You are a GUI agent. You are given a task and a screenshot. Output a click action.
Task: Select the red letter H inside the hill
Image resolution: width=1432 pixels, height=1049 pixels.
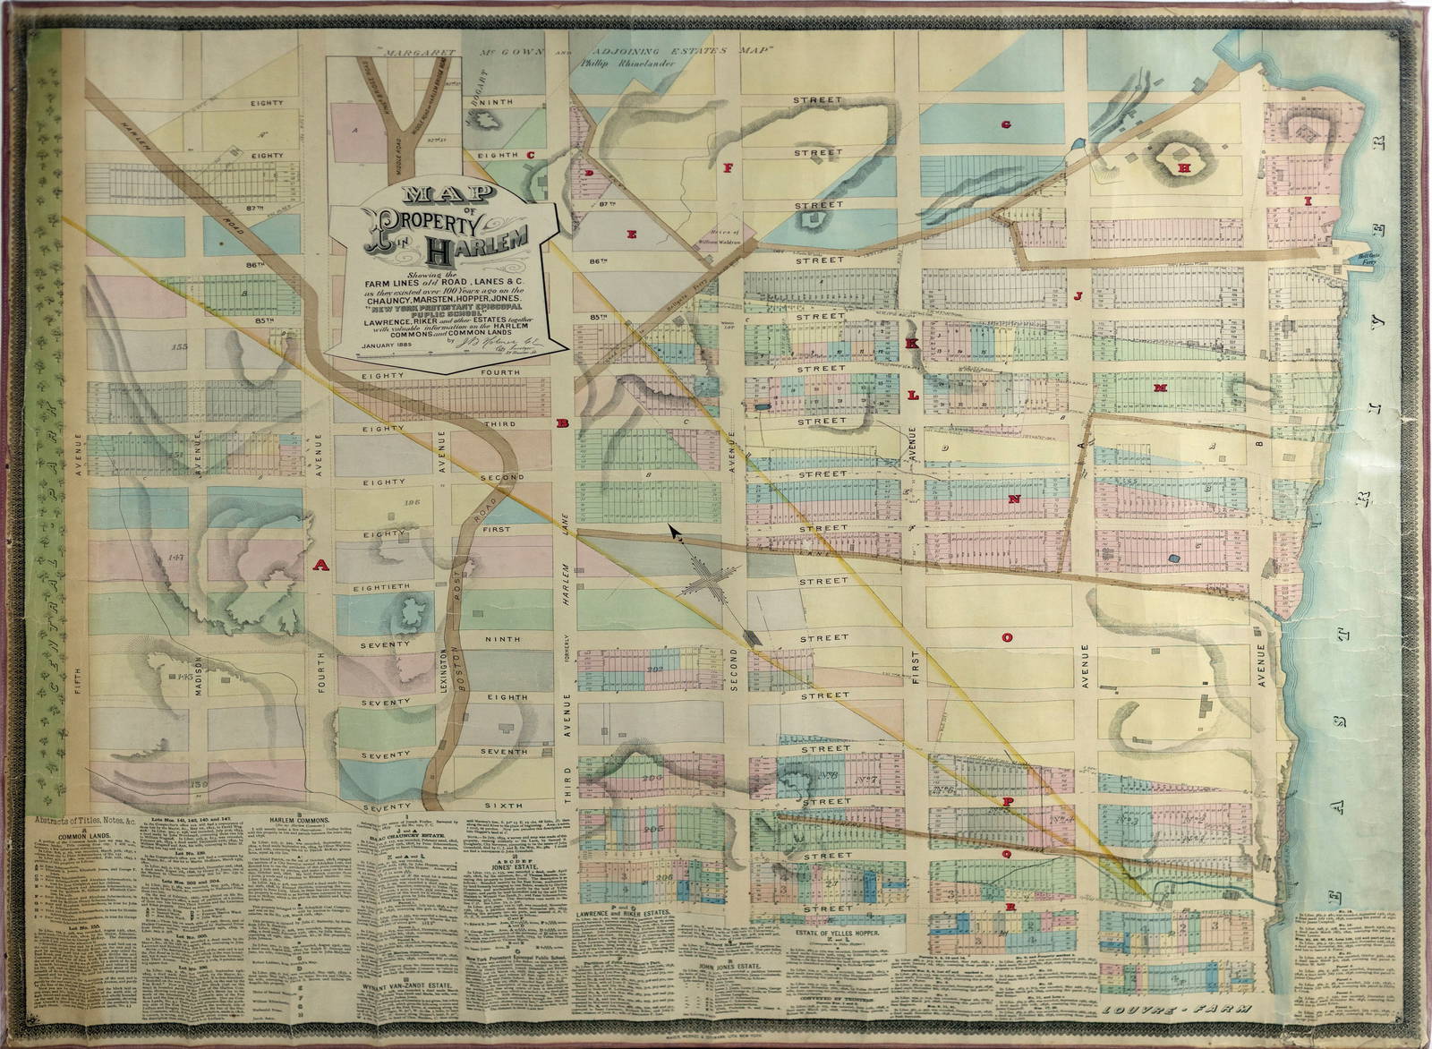[x=1183, y=167]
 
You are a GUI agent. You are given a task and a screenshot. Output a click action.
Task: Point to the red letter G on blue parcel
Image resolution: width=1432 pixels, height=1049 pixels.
[x=1005, y=124]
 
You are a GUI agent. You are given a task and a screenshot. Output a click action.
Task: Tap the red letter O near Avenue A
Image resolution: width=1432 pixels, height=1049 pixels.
[x=1006, y=638]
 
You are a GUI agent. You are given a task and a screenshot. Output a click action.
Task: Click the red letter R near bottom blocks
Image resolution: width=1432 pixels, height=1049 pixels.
[x=1010, y=907]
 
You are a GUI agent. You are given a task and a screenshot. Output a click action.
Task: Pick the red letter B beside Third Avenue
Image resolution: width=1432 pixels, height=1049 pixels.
[x=563, y=422]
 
